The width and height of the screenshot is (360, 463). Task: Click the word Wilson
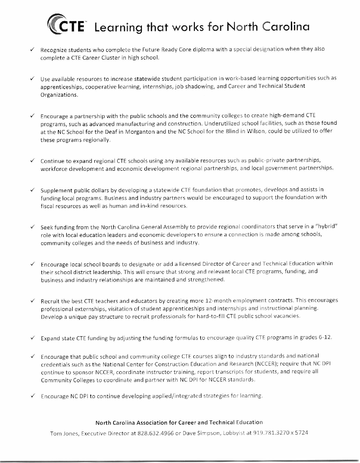coord(256,131)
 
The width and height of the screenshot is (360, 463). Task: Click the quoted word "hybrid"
coord(327,227)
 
